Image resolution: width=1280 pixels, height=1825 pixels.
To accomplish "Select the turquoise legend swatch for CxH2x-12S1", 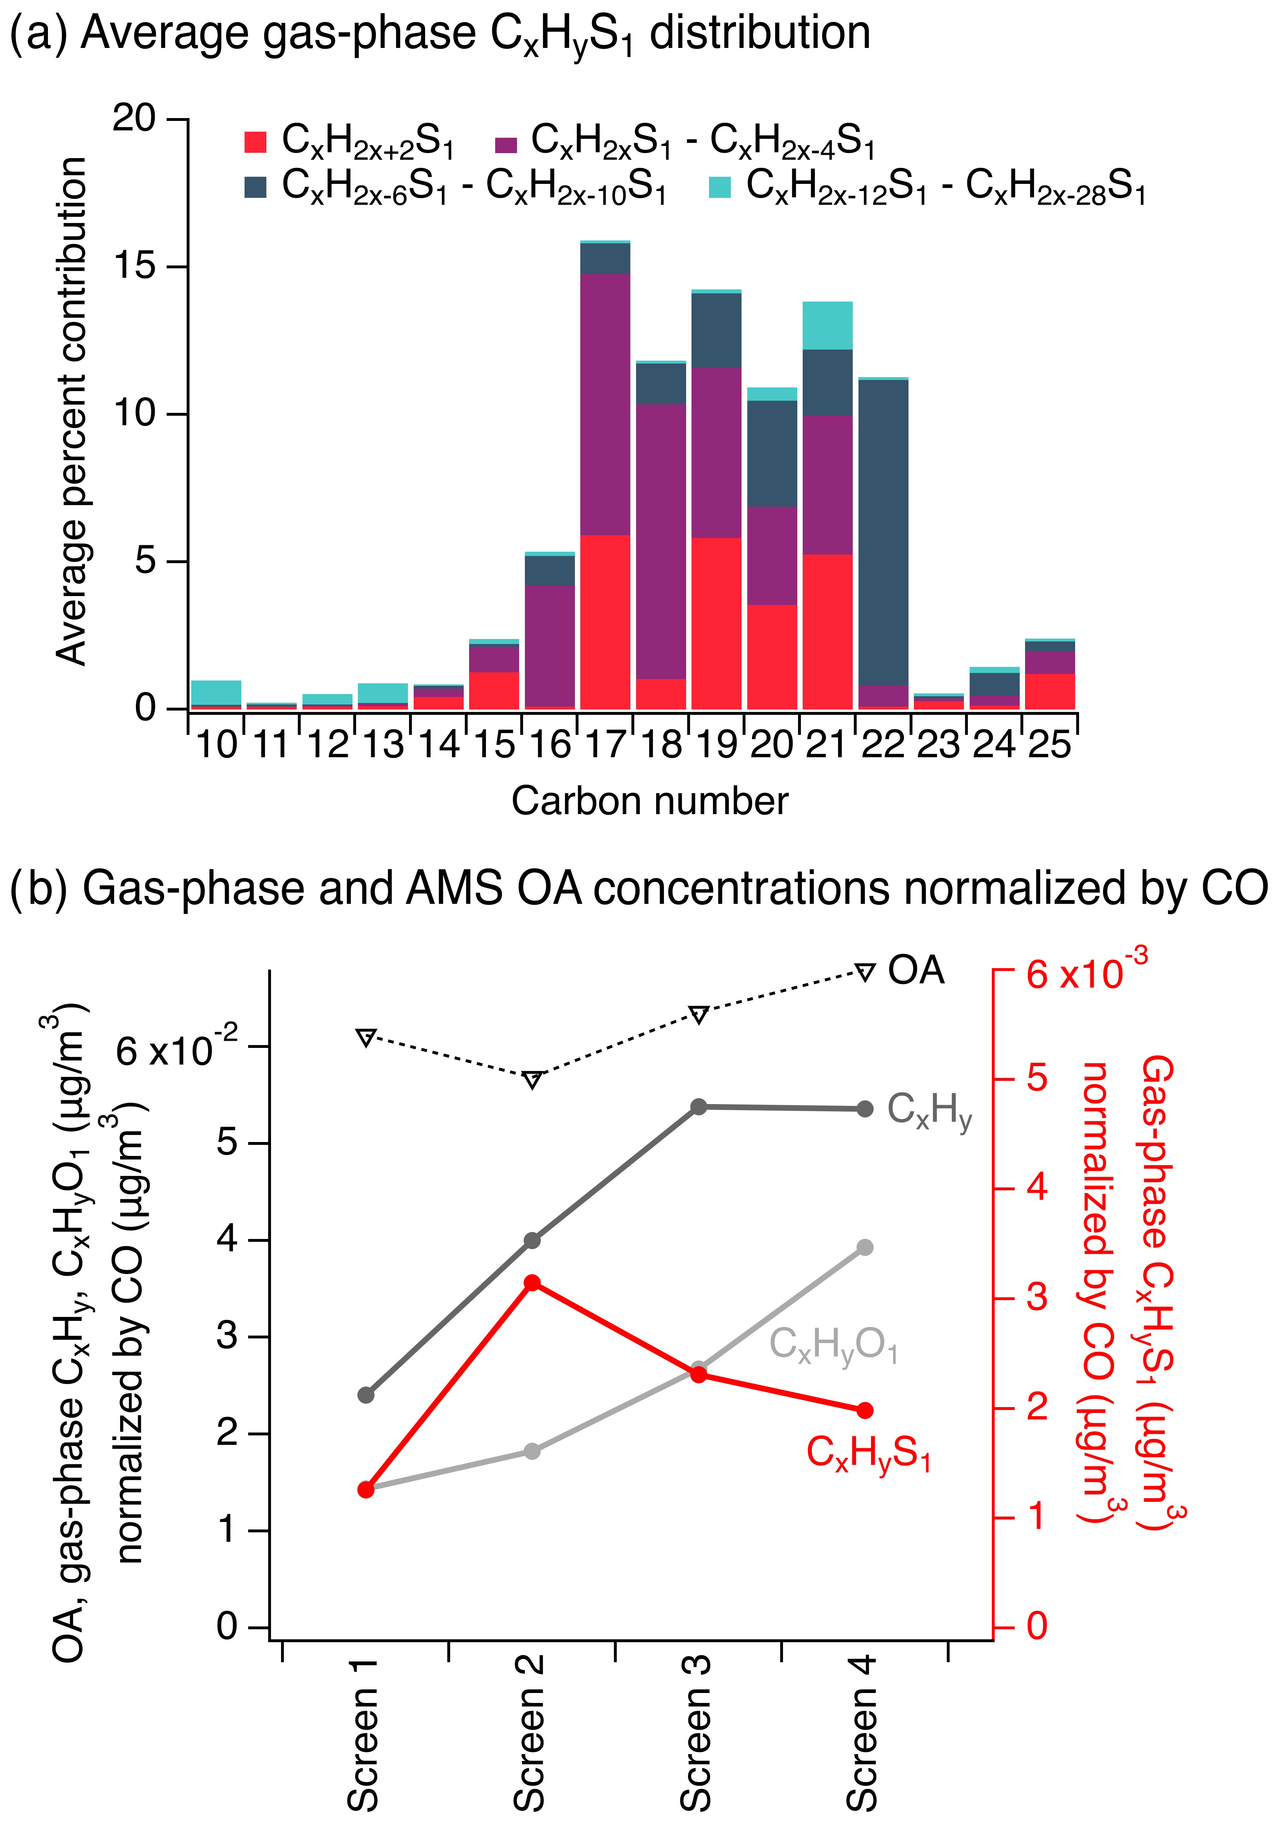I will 719,187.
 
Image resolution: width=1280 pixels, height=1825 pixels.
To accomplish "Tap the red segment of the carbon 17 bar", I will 605,621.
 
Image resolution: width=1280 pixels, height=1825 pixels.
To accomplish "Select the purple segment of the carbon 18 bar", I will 661,541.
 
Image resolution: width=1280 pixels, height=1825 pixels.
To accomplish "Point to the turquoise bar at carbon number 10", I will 216,692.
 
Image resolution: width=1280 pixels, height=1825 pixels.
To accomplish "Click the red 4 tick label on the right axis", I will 1037,1188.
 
